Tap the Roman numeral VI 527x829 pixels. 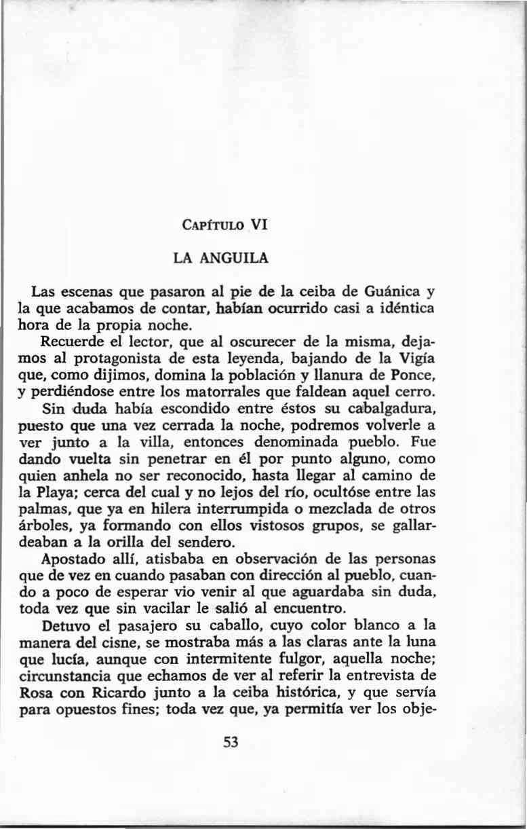[260, 225]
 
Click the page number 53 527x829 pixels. [231, 742]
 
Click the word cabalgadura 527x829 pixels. [387, 409]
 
